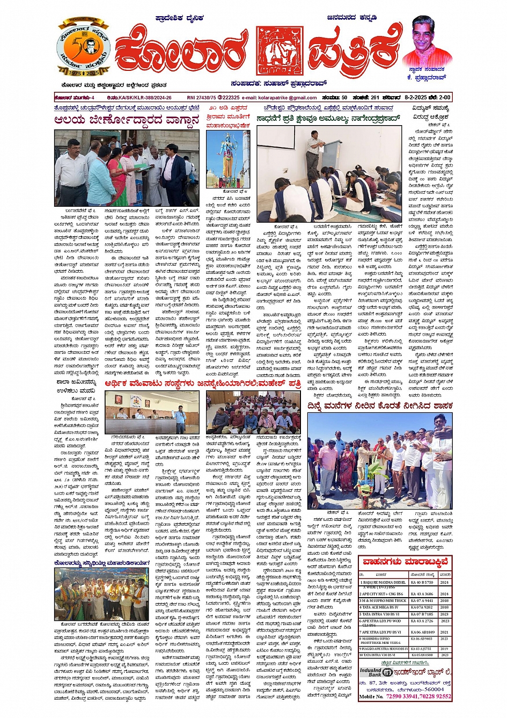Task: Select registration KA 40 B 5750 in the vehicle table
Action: point(422,582)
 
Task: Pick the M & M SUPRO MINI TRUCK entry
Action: point(383,601)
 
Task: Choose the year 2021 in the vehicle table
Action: point(444,632)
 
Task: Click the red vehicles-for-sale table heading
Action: point(405,562)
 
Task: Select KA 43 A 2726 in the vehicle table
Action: point(422,621)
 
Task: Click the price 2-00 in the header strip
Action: point(445,98)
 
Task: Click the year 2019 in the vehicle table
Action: point(444,649)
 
